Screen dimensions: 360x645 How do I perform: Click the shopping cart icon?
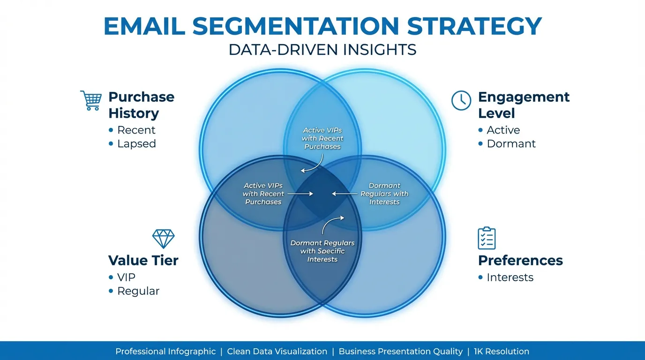coord(91,100)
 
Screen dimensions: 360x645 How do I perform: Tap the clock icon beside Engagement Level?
coord(461,100)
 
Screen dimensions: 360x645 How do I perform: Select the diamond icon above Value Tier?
coord(163,239)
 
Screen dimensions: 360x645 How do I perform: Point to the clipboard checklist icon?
coord(487,238)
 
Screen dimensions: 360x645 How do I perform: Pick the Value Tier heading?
coord(143,260)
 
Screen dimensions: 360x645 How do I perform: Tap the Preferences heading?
coord(520,260)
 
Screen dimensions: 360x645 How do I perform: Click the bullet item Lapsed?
coord(136,143)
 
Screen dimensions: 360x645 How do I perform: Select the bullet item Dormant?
coord(510,143)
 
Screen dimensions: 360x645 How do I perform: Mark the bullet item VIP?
coord(126,277)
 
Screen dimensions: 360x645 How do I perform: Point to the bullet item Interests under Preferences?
coord(510,277)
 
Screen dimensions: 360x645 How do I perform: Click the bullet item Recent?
coord(136,130)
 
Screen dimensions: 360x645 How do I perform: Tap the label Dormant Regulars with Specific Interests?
coord(322,251)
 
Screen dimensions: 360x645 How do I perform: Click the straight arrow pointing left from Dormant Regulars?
coord(344,193)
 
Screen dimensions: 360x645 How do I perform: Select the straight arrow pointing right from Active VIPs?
coord(300,193)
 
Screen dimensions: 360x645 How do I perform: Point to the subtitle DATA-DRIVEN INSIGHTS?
coord(322,50)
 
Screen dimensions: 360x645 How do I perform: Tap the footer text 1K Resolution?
coord(501,351)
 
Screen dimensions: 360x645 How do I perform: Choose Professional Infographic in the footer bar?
coord(165,351)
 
